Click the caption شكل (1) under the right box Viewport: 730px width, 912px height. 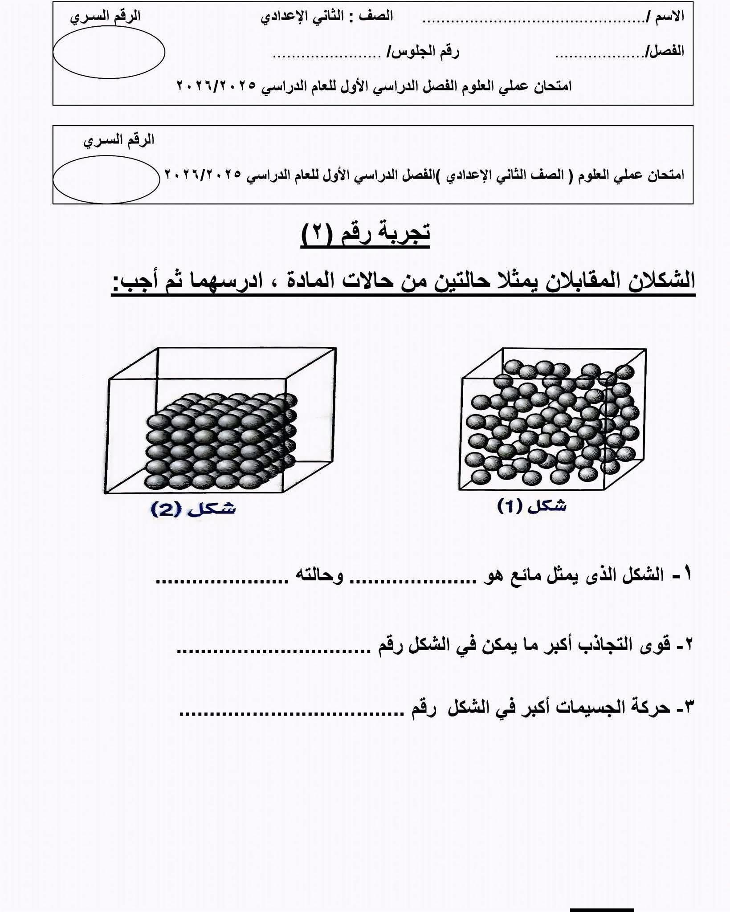pyautogui.click(x=532, y=506)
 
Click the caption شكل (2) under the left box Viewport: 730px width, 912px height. pyautogui.click(x=193, y=509)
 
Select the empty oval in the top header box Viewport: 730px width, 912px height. pyautogui.click(x=109, y=53)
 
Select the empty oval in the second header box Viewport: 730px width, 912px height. pyautogui.click(x=106, y=179)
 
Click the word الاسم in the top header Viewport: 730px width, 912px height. pyautogui.click(x=669, y=16)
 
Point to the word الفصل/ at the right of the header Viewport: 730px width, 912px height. pyautogui.click(x=665, y=51)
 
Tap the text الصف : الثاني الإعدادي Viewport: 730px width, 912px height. pyautogui.click(x=327, y=16)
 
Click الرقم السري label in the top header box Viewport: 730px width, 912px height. pyautogui.click(x=106, y=16)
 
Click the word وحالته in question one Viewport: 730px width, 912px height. pyautogui.click(x=320, y=576)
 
